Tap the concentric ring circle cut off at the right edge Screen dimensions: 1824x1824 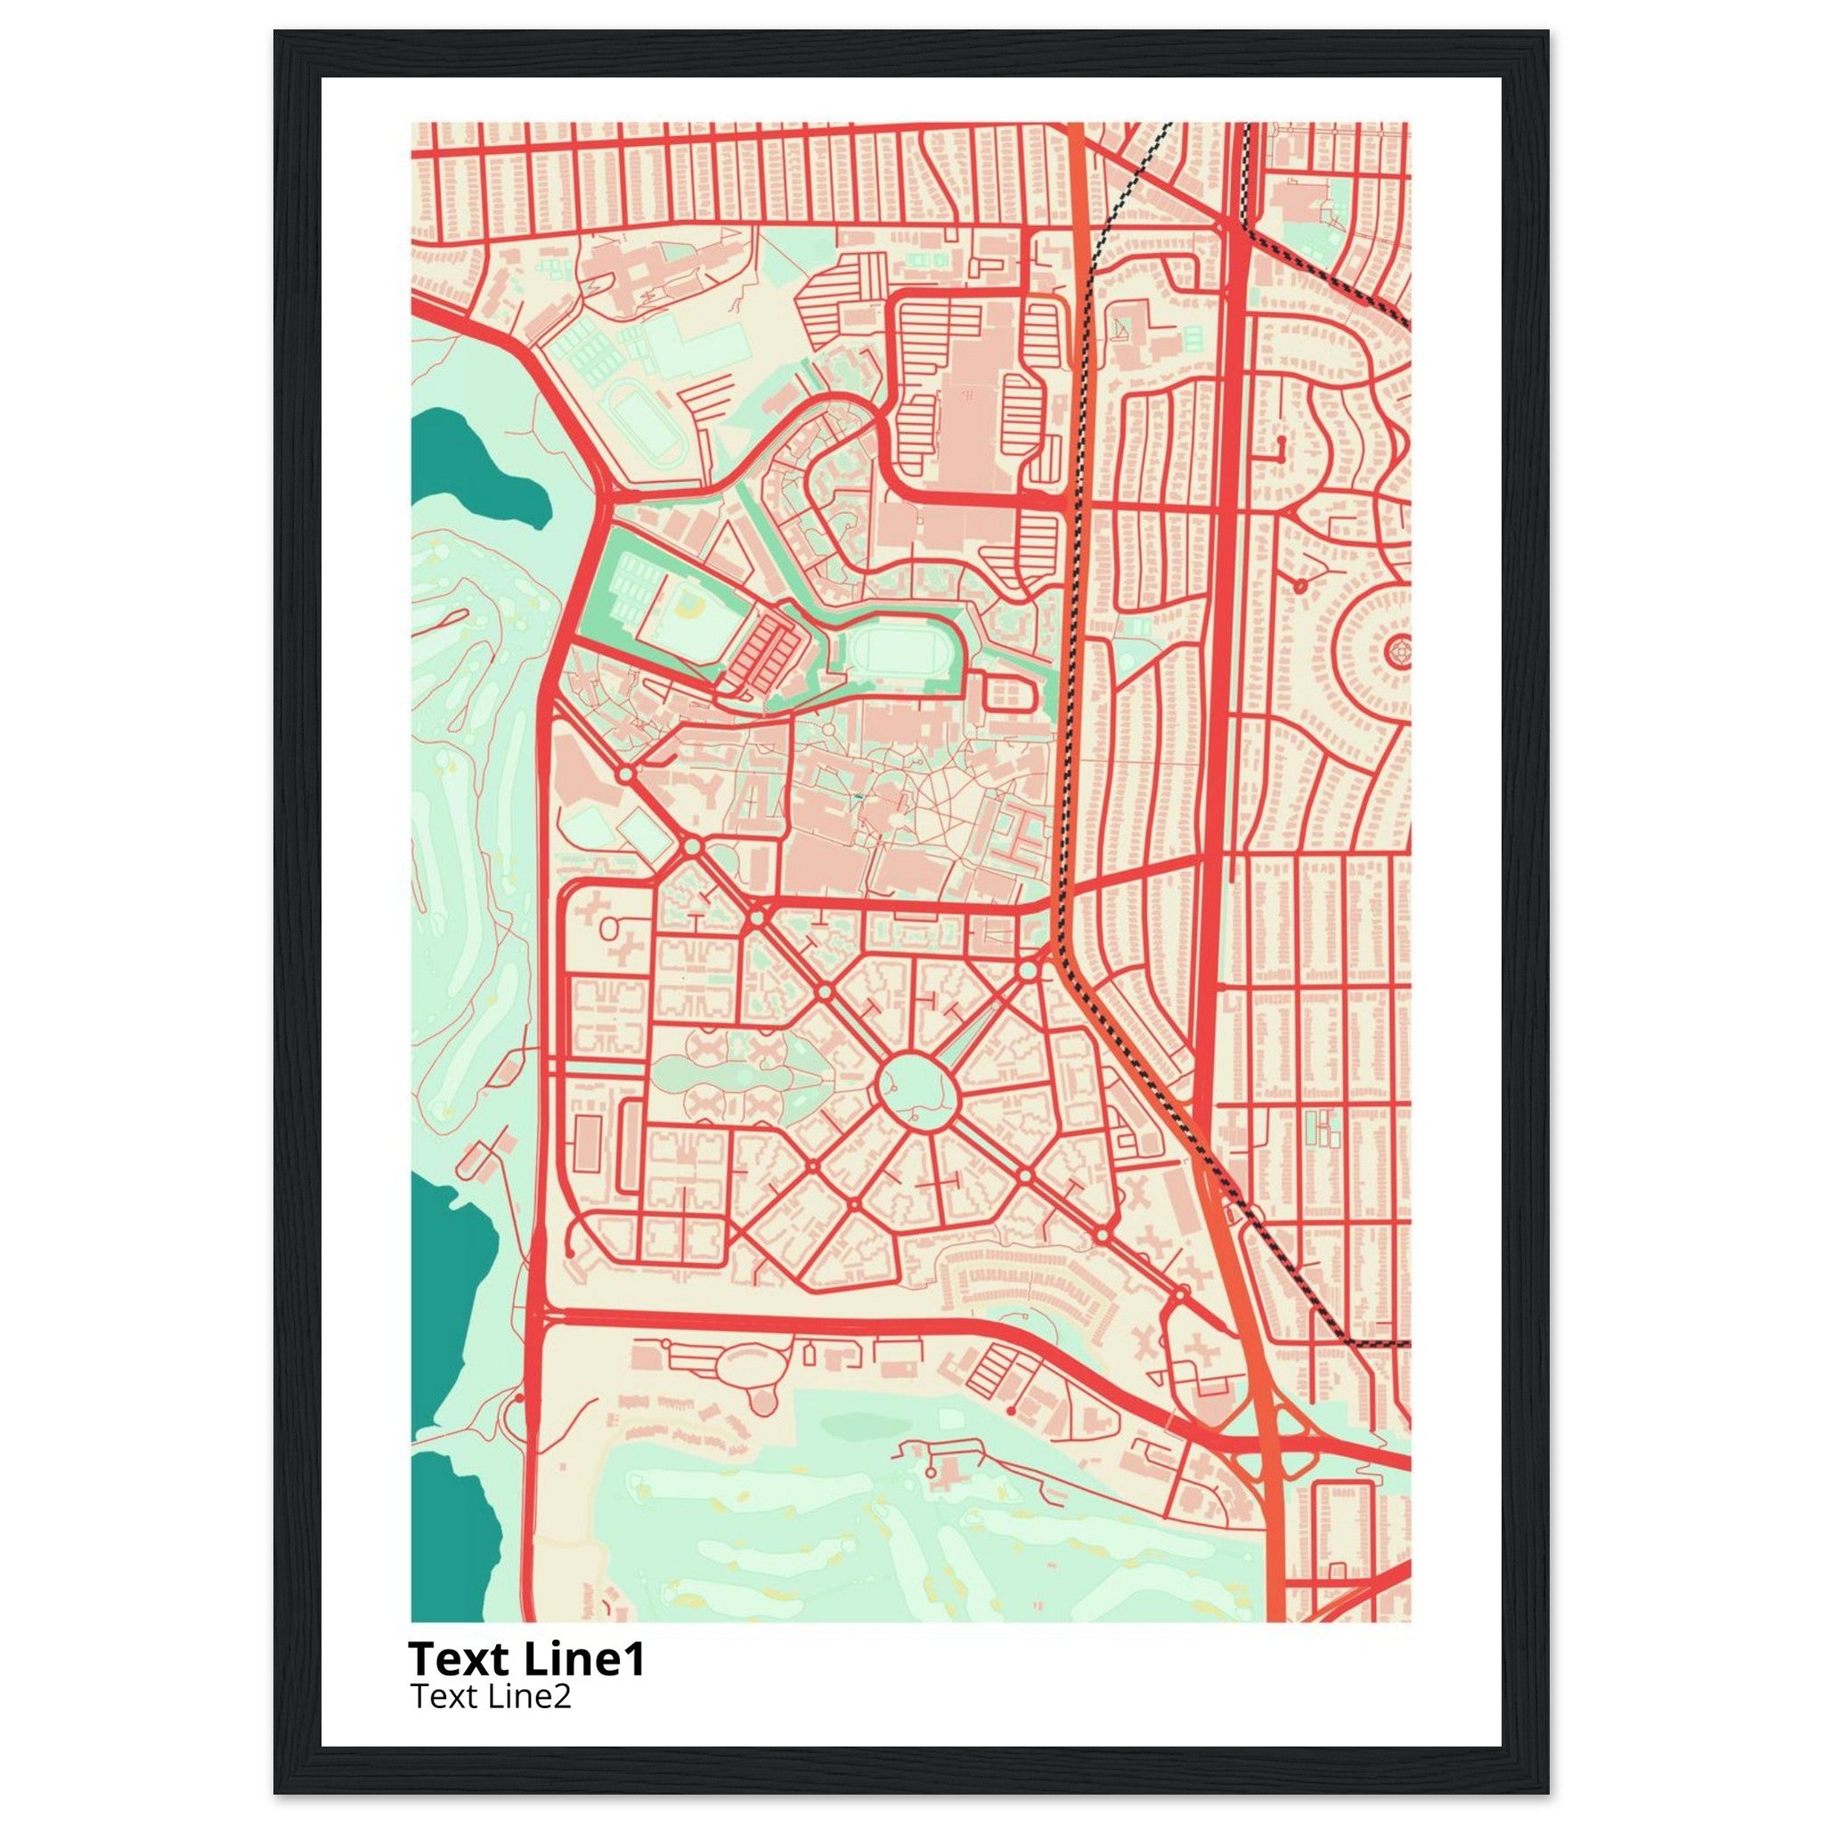1398,652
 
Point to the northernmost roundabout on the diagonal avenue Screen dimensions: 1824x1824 626,774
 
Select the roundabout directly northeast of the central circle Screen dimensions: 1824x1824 1027,971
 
